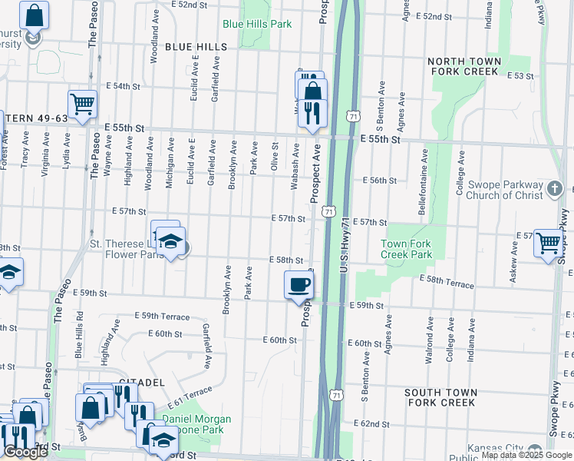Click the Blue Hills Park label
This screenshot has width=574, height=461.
click(257, 24)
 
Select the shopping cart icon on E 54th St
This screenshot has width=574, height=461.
click(81, 103)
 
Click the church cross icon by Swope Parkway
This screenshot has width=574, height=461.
click(558, 187)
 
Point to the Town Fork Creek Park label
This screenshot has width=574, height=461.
click(407, 249)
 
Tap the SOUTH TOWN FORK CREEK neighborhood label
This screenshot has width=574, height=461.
click(440, 397)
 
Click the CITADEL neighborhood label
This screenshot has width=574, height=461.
click(142, 382)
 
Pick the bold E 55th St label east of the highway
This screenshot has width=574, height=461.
click(380, 140)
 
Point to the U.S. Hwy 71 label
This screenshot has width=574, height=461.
click(343, 268)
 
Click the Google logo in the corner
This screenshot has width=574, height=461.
click(25, 452)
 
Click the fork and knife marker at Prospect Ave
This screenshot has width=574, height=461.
click(312, 113)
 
